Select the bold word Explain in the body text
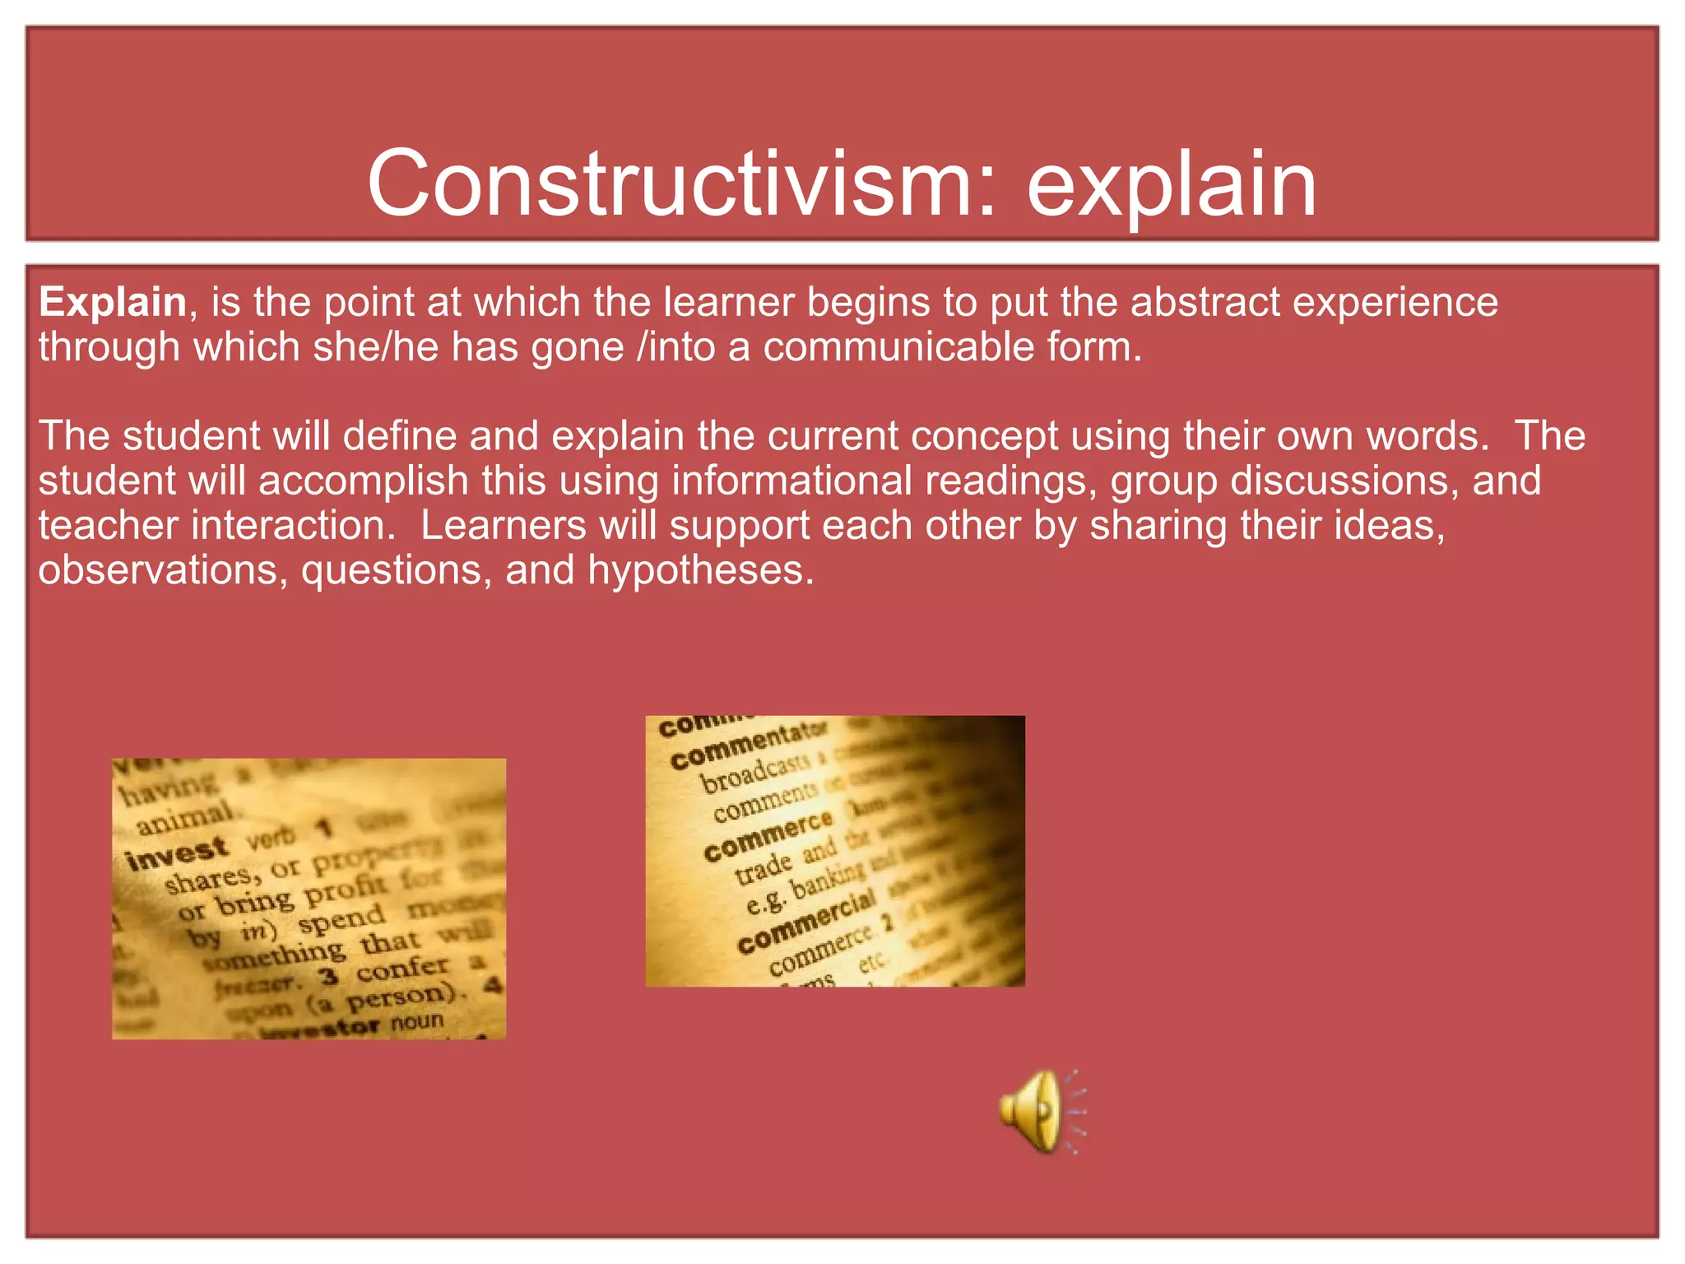click(x=113, y=302)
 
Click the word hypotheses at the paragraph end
click(x=700, y=570)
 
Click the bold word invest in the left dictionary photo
click(x=176, y=853)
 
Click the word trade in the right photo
click(x=763, y=868)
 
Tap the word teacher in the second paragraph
click(x=108, y=525)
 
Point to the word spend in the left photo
click(x=341, y=918)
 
